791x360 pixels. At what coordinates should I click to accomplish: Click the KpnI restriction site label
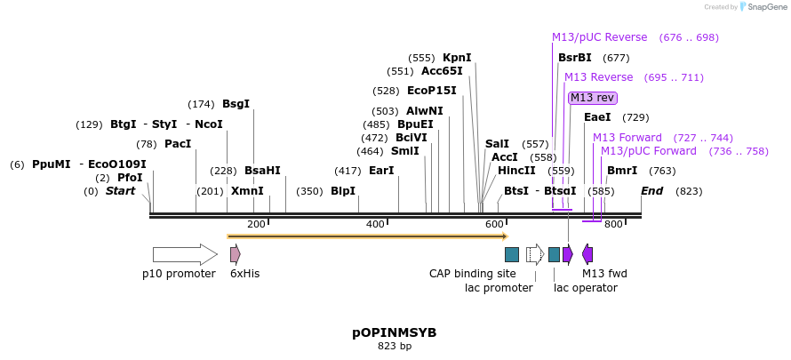click(x=457, y=58)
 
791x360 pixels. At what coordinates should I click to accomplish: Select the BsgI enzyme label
click(x=236, y=104)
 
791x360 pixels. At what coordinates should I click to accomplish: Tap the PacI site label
click(x=178, y=144)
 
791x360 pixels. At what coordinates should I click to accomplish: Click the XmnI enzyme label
click(x=247, y=191)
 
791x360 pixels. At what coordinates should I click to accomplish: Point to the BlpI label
click(x=343, y=191)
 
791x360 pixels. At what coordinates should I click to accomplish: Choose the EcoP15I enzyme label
click(x=431, y=91)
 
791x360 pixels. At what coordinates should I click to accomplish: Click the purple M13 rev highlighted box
click(x=592, y=98)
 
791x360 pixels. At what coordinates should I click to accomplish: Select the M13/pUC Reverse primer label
click(x=599, y=37)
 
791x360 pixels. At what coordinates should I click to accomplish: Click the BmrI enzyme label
click(x=622, y=171)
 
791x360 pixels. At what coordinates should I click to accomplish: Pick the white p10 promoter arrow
click(x=184, y=255)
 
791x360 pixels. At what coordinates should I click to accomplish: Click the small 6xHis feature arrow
click(x=236, y=255)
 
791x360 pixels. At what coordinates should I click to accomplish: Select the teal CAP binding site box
click(x=511, y=255)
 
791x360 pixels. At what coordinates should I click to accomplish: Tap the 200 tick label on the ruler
click(x=256, y=225)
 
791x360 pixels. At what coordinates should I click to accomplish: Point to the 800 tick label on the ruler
click(x=613, y=225)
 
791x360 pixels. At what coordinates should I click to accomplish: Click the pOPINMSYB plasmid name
click(x=395, y=332)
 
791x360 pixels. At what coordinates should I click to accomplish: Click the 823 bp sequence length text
click(x=395, y=347)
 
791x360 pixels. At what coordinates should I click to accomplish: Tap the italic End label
click(x=651, y=191)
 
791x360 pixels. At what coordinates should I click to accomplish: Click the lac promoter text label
click(x=499, y=287)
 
